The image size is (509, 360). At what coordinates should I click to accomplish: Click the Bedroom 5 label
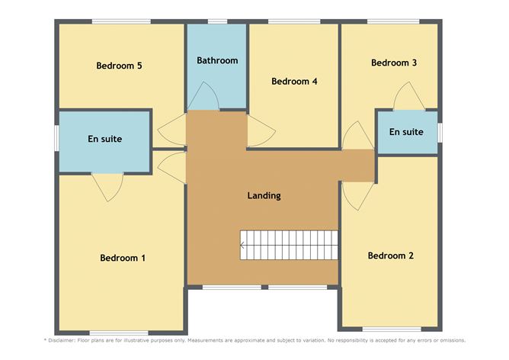click(119, 66)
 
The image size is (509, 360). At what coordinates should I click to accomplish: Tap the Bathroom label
click(217, 60)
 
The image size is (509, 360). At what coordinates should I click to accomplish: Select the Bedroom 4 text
click(294, 81)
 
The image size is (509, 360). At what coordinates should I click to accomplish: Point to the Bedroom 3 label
click(394, 63)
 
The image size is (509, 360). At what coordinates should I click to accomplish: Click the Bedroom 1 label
click(123, 258)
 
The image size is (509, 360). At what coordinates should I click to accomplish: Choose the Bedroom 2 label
click(391, 256)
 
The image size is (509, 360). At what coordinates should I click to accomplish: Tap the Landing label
click(264, 195)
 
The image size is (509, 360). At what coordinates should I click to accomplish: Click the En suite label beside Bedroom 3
click(406, 132)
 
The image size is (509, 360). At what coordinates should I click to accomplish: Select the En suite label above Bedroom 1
click(105, 139)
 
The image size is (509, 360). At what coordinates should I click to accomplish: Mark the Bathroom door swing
click(203, 96)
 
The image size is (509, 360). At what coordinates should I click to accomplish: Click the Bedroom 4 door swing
click(261, 131)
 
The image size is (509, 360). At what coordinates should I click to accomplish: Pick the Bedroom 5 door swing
click(171, 130)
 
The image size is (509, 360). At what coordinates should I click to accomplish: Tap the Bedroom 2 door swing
click(357, 196)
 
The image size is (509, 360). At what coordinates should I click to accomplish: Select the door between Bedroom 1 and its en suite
click(107, 188)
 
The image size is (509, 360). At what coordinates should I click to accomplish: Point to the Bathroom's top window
click(217, 21)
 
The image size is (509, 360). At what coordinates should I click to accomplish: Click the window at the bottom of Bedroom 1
click(119, 333)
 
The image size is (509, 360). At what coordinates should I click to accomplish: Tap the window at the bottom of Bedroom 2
click(392, 329)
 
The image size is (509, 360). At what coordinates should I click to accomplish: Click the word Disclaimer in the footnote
click(62, 340)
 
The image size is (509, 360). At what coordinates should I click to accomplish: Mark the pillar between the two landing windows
click(265, 288)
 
